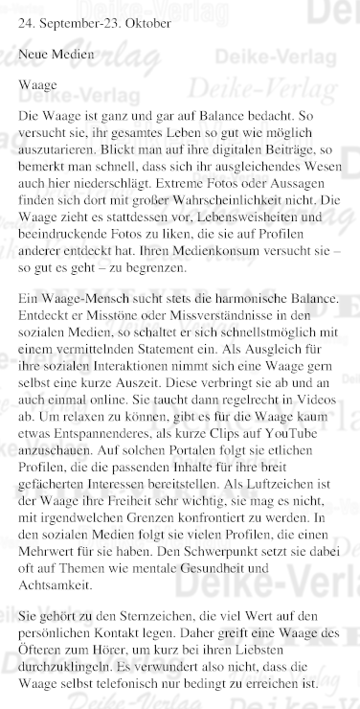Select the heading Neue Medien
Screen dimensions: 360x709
pos(56,55)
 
